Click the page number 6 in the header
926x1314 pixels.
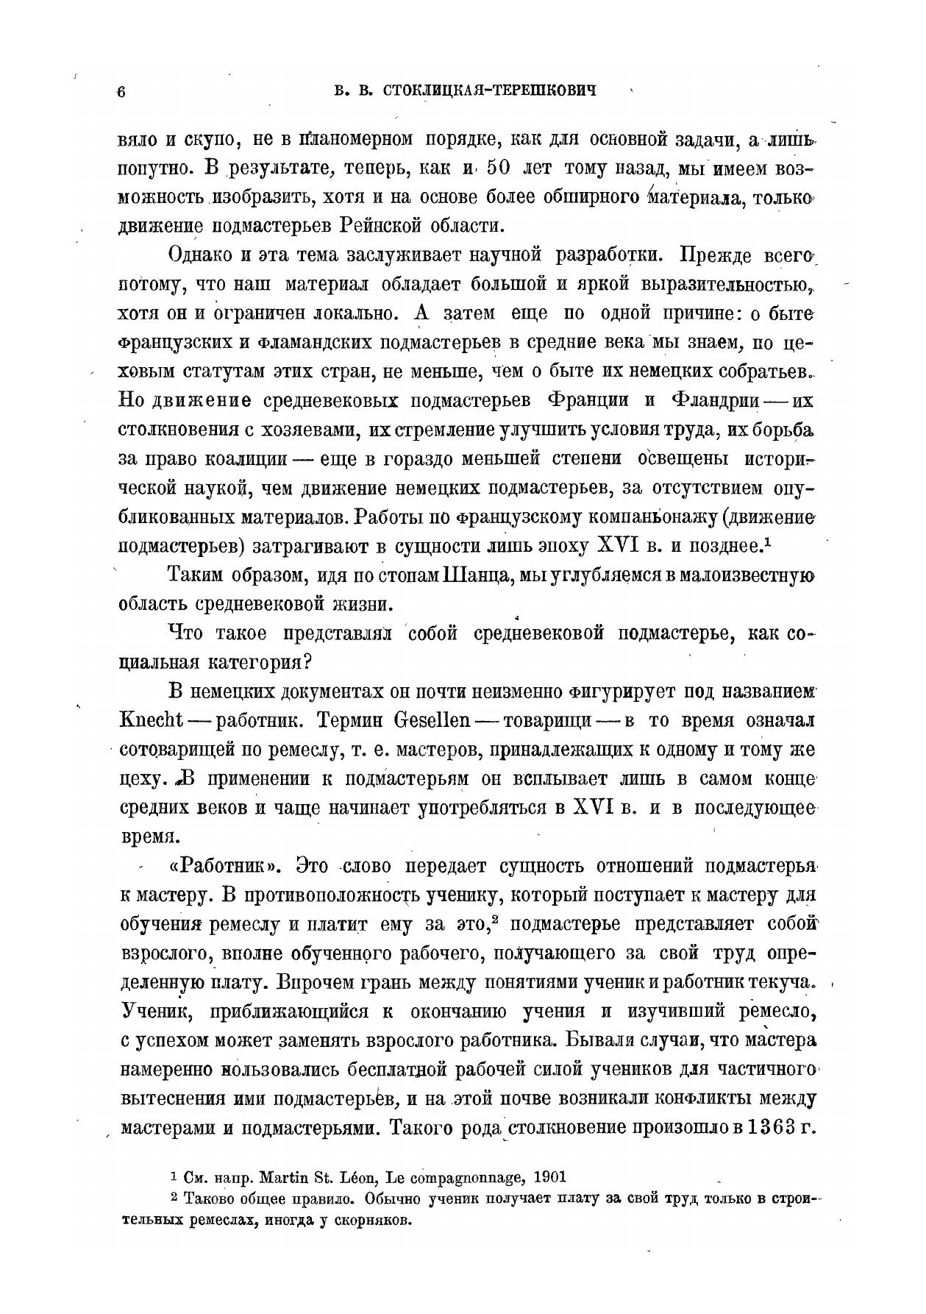[122, 92]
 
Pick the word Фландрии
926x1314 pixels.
[713, 401]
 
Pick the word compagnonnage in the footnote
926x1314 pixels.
[470, 1176]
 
